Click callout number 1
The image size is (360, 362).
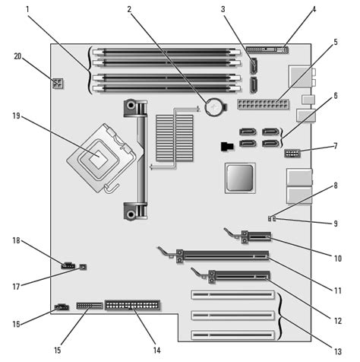coord(28,10)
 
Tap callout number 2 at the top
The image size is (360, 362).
coord(130,10)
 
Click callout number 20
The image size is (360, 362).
coord(17,56)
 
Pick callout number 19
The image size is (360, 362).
coord(17,118)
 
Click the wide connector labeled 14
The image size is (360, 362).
coord(134,306)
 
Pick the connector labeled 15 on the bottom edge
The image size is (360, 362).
coord(90,306)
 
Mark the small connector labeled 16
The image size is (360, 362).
coord(58,308)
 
